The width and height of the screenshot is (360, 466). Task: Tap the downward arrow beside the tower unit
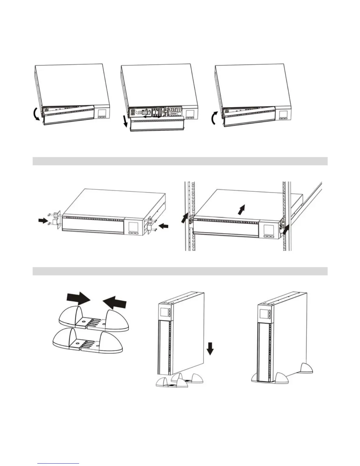[x=210, y=349]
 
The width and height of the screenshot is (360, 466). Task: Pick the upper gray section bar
[x=180, y=161]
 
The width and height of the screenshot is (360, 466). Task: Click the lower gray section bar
[x=180, y=271]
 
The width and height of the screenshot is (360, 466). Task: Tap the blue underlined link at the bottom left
[x=59, y=463]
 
